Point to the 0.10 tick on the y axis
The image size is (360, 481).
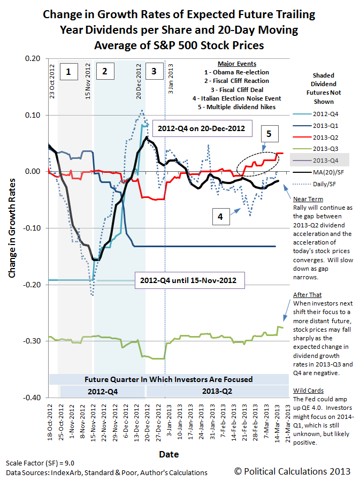tap(33, 115)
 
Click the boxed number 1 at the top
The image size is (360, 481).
tap(68, 70)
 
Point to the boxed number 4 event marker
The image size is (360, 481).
tap(220, 217)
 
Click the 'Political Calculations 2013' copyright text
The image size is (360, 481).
tap(293, 471)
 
